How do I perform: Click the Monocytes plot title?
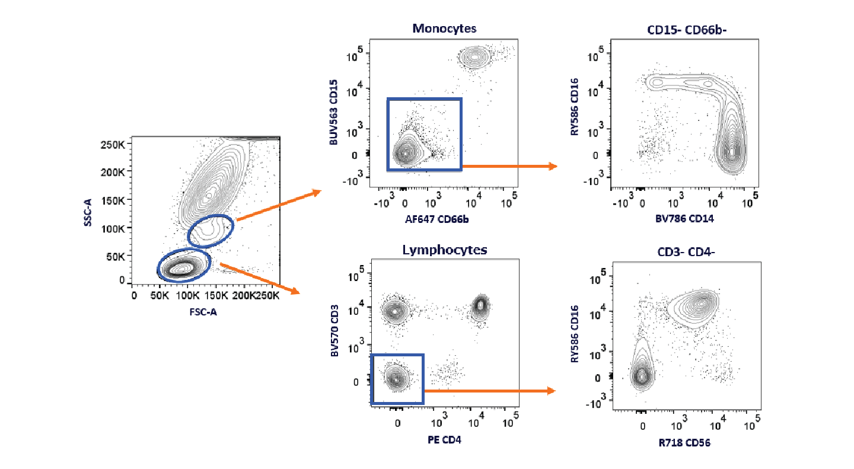(x=444, y=28)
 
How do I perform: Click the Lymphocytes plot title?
(x=445, y=250)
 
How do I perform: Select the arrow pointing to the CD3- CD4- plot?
(x=489, y=391)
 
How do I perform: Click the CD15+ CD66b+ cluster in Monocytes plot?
(x=474, y=58)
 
